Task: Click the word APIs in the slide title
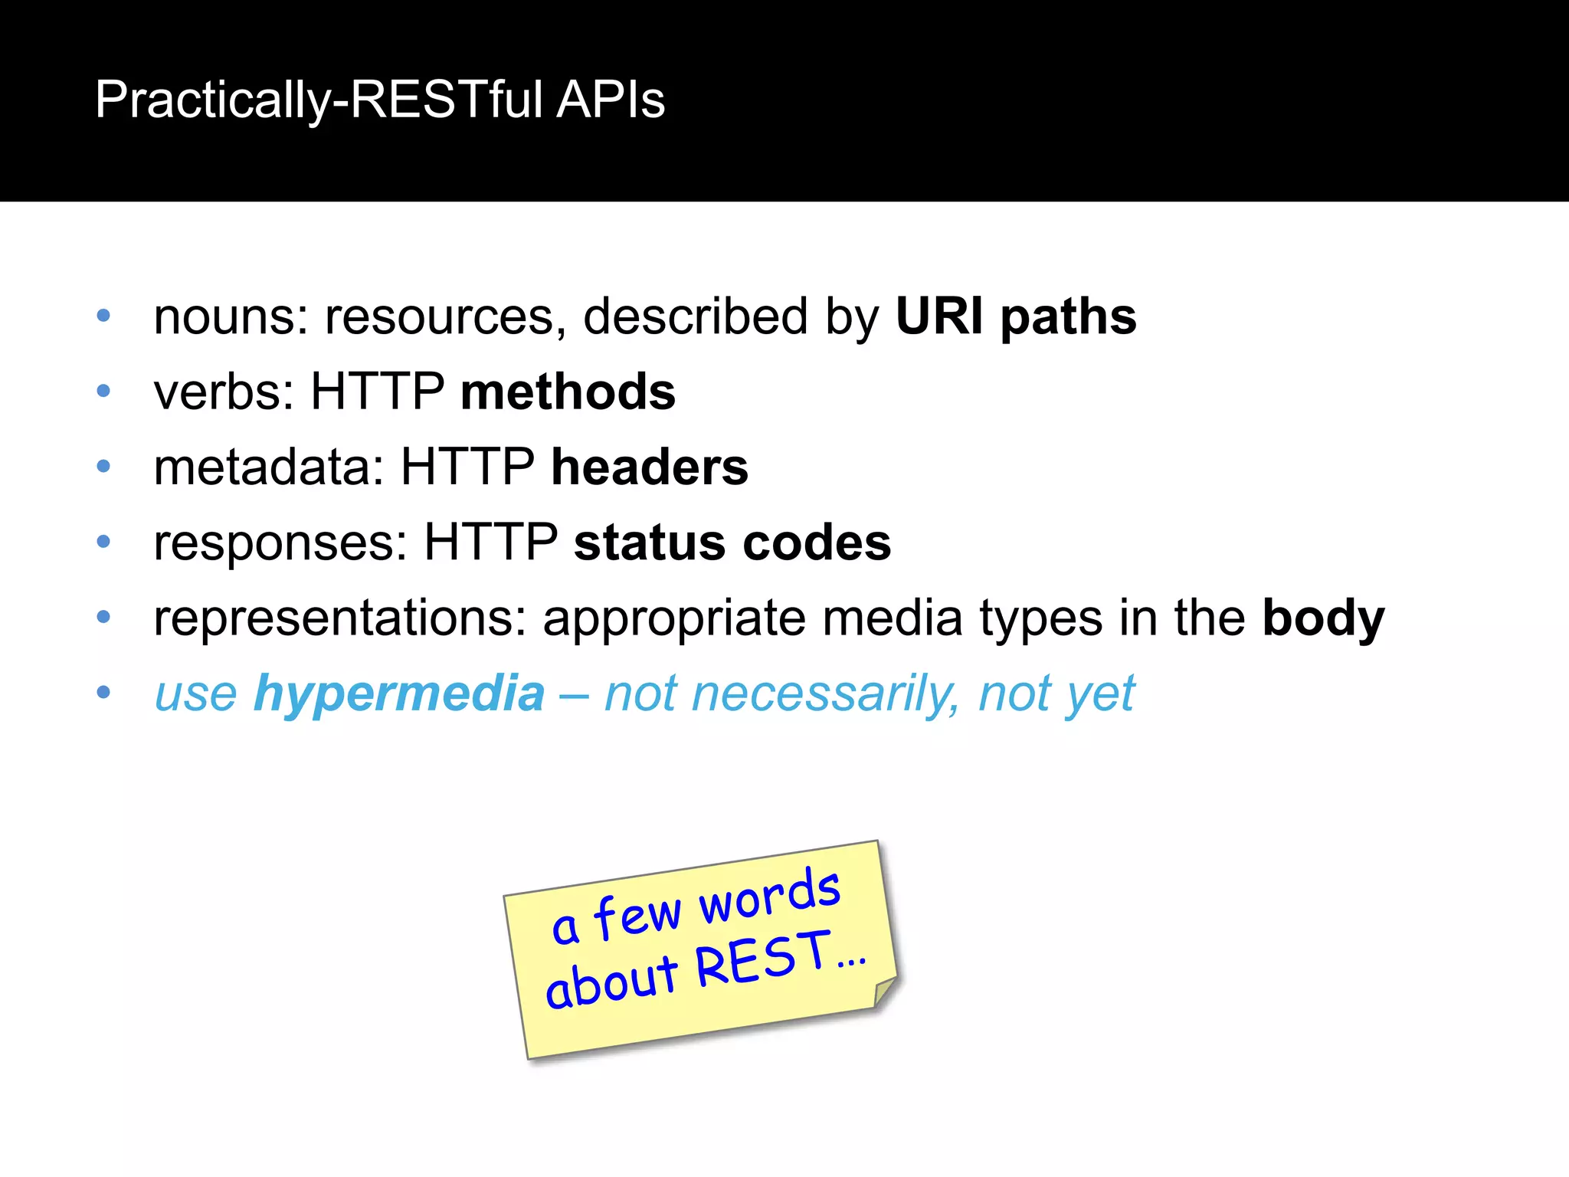tap(611, 100)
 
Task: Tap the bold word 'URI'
tap(939, 316)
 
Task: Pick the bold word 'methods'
tap(568, 392)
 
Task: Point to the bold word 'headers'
tap(650, 467)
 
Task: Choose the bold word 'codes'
tap(817, 543)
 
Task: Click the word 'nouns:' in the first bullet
tap(231, 316)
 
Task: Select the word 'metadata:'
tap(269, 467)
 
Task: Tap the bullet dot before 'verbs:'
tap(104, 392)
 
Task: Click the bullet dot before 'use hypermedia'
tap(104, 693)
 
